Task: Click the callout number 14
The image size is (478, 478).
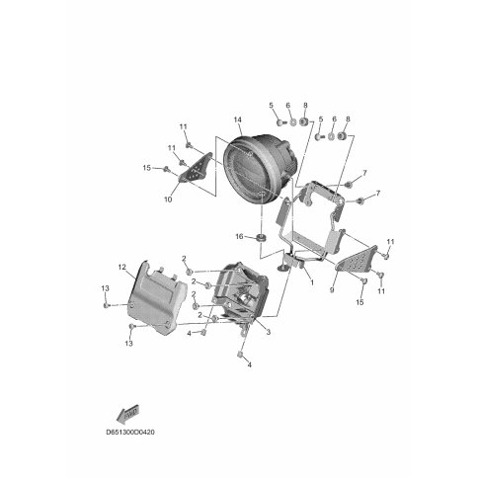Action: (x=238, y=119)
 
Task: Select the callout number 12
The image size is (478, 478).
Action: (x=121, y=267)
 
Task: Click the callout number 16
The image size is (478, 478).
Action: (x=239, y=236)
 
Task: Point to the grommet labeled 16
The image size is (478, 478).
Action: (x=262, y=238)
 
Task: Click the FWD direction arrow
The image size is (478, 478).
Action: (x=128, y=413)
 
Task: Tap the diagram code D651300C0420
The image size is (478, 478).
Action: (x=130, y=432)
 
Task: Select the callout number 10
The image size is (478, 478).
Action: (x=168, y=199)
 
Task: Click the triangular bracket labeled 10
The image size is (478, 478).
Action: (x=196, y=168)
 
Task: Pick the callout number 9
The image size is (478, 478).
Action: (x=332, y=290)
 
